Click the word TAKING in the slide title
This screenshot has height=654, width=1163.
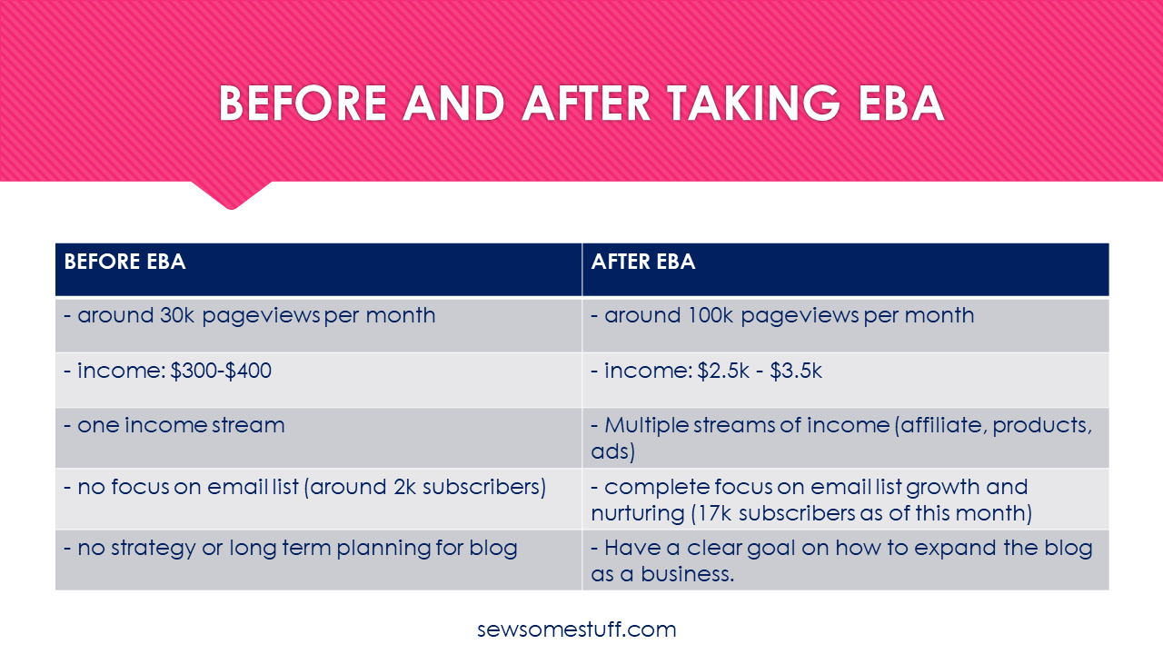tap(753, 104)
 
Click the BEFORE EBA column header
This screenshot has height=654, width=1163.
tap(124, 262)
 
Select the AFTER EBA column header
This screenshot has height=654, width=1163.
tap(642, 262)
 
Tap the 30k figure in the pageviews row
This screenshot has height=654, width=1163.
tap(177, 315)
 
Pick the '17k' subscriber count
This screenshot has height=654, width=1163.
tap(714, 514)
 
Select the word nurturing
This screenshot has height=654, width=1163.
tap(638, 514)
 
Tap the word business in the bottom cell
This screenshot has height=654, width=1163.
tap(688, 575)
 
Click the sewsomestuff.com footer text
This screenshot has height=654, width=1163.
tap(576, 629)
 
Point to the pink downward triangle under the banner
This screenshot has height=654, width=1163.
tap(232, 195)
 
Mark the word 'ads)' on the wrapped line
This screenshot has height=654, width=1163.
tap(612, 452)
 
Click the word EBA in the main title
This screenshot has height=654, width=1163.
tap(900, 104)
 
